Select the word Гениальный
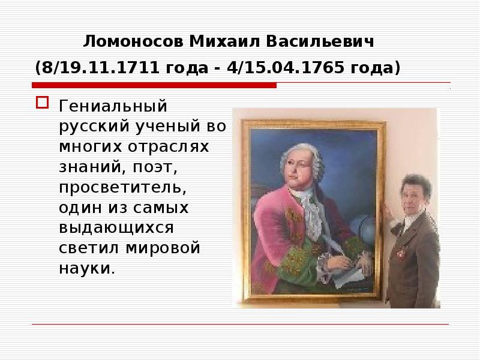click(112, 107)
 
